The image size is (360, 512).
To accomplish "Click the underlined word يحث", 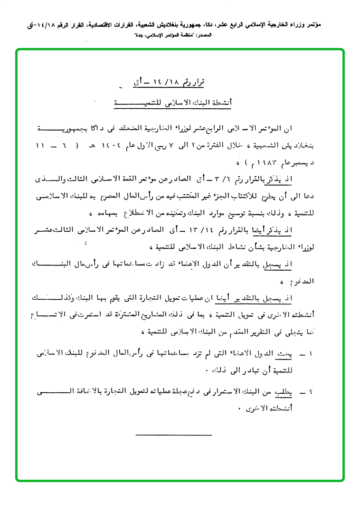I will pyautogui.click(x=299, y=353).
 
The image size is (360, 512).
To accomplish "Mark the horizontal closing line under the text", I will pyautogui.click(x=173, y=435).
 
